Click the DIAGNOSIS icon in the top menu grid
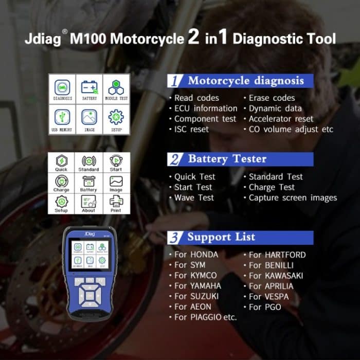pos(62,88)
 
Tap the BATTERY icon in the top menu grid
pos(89,88)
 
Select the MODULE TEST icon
pos(116,88)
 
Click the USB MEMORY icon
pos(62,119)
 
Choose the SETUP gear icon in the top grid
pos(116,119)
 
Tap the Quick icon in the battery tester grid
pos(62,162)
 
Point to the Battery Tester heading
pos(227,159)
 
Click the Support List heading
pos(221,237)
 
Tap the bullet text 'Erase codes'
pos(272,98)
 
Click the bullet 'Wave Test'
pos(194,197)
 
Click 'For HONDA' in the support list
pos(196,255)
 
